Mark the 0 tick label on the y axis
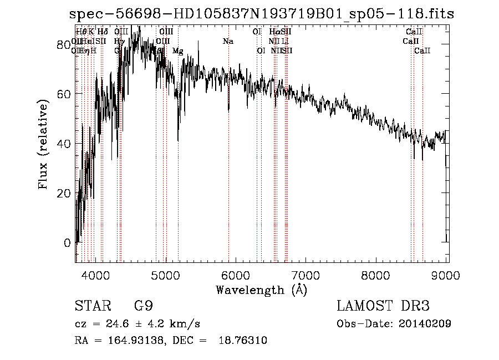[x=68, y=242]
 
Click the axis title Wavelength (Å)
[x=261, y=289]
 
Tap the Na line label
[x=228, y=41]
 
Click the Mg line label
[x=178, y=50]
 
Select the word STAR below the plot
[x=92, y=306]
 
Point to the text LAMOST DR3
[x=383, y=306]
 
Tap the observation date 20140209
[x=424, y=323]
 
